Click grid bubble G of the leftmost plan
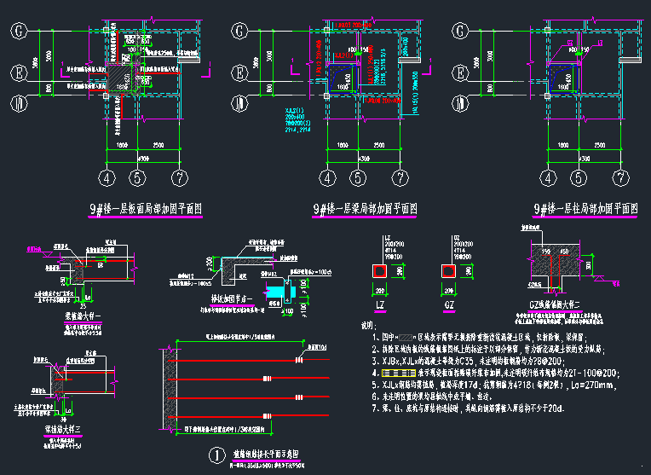point(19,32)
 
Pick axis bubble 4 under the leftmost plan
point(106,178)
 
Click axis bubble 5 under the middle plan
point(359,178)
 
